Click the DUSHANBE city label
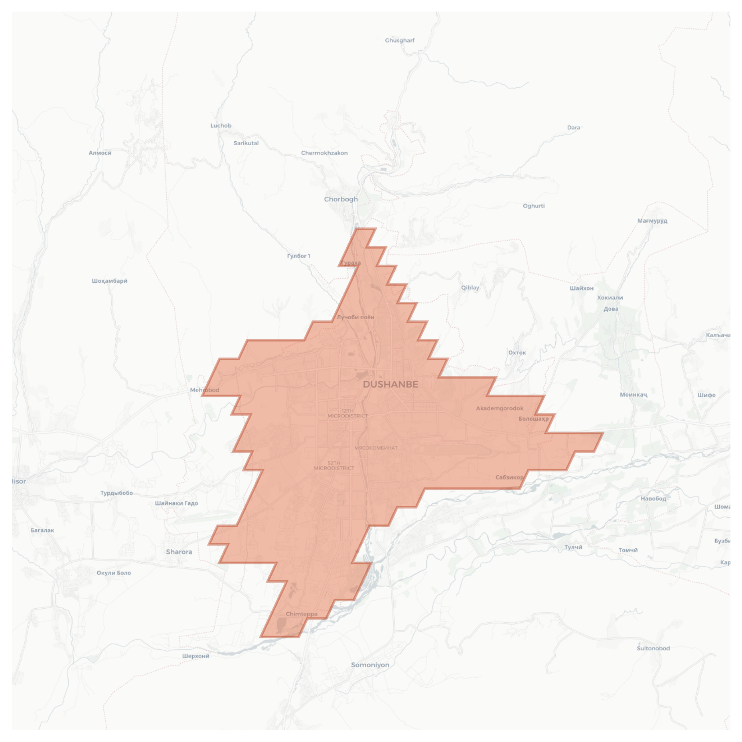tap(391, 384)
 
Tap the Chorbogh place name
tap(341, 199)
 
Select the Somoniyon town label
tap(370, 665)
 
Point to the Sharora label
tap(179, 552)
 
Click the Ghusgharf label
tap(399, 40)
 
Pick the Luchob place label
tap(221, 125)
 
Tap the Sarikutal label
tap(246, 143)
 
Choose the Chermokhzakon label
tap(324, 153)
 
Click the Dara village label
tap(573, 128)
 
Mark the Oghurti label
tap(533, 206)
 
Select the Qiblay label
tap(470, 287)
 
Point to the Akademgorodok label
tap(499, 408)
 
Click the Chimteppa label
tap(301, 614)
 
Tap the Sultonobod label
tap(653, 648)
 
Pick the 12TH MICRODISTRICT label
tap(347, 413)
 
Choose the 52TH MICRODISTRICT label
tap(334, 466)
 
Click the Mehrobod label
tap(205, 390)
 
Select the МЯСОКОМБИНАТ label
tap(376, 448)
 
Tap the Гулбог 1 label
tap(298, 256)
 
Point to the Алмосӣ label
tap(100, 153)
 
